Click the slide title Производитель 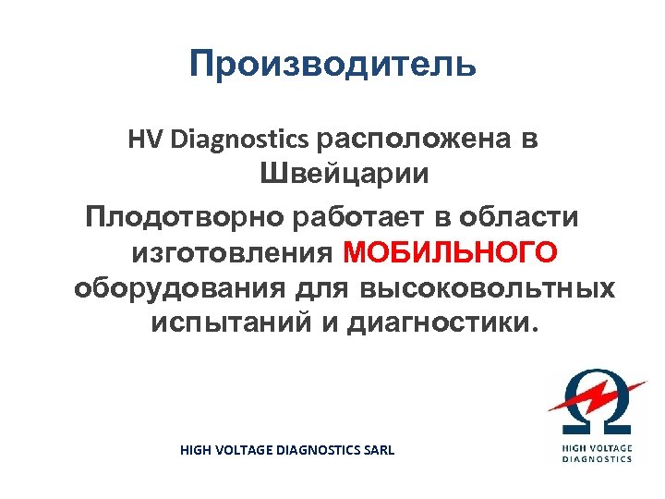[x=332, y=65]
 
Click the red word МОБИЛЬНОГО [x=451, y=253]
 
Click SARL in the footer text [x=377, y=450]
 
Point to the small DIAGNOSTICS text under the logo [x=598, y=458]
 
